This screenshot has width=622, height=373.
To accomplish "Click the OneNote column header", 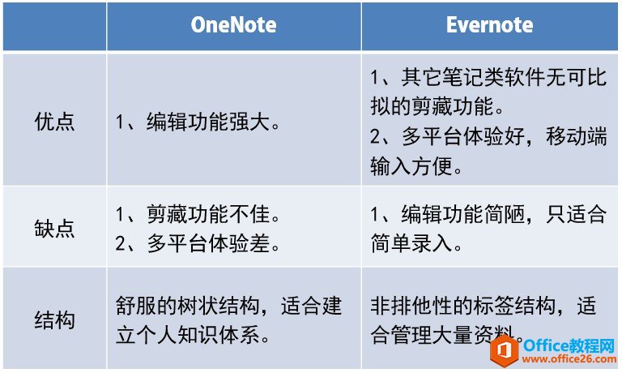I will tap(233, 25).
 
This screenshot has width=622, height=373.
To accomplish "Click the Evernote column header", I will tap(489, 25).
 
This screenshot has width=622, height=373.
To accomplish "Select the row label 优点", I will tap(55, 122).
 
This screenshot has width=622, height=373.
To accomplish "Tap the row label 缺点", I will tap(55, 228).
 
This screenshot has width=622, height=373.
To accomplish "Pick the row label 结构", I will tap(55, 319).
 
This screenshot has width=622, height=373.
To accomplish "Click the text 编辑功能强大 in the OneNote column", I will tap(207, 122).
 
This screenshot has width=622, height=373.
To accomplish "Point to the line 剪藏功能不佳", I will tap(207, 215).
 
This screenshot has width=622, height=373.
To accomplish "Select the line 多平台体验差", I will tap(207, 242).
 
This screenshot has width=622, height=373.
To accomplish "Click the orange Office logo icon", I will tap(507, 350).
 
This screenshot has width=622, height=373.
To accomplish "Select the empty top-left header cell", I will tap(55, 25).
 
